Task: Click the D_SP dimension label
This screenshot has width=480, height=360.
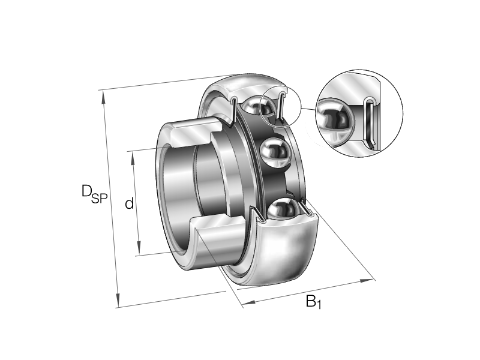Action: (94, 194)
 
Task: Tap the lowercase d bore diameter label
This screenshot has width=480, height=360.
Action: (129, 204)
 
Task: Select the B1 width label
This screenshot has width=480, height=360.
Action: (313, 301)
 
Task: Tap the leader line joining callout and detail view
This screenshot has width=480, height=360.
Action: (307, 110)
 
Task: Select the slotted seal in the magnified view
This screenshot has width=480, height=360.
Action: (370, 123)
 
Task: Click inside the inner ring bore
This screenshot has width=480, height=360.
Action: (180, 192)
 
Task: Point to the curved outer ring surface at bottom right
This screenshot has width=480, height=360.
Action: (288, 252)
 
